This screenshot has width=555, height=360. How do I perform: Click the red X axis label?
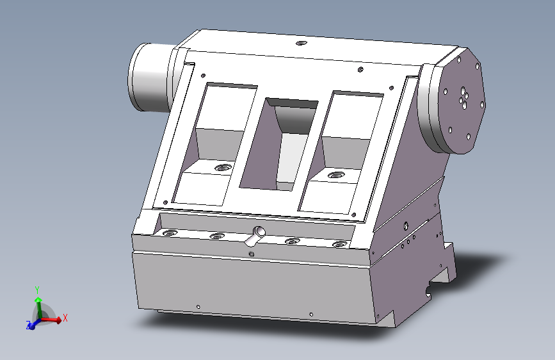[x=65, y=318]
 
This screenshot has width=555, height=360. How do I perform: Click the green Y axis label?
[x=37, y=290]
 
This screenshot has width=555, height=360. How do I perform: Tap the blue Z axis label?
[x=28, y=324]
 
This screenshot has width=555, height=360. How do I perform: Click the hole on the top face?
[x=302, y=43]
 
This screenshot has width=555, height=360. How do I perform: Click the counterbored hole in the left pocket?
[x=222, y=167]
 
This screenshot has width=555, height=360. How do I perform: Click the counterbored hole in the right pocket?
[x=336, y=175]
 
